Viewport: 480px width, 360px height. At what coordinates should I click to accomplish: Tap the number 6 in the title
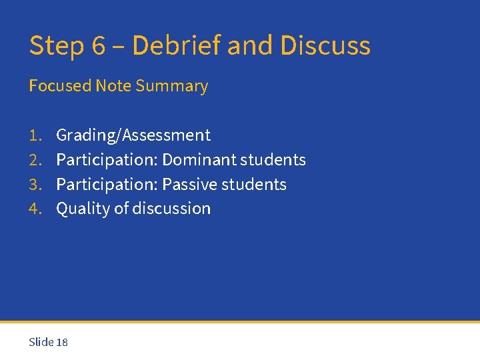point(99,46)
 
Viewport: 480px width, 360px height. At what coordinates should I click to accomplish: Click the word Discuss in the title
point(325,46)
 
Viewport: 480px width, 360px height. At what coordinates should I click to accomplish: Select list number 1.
point(35,135)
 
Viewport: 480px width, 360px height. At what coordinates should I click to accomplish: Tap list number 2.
point(35,160)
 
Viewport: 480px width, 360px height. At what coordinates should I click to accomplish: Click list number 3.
point(35,185)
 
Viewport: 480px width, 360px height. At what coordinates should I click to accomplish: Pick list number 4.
point(35,209)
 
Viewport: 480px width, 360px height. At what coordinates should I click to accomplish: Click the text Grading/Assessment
point(133,135)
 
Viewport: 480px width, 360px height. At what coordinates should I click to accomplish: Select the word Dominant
point(199,160)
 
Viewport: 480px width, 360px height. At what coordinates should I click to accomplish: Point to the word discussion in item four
point(171,209)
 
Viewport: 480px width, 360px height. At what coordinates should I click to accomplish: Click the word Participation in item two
point(107,160)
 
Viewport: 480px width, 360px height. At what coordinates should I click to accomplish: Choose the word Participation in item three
point(107,185)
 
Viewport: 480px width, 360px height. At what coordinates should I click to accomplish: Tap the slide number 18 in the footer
point(62,342)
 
